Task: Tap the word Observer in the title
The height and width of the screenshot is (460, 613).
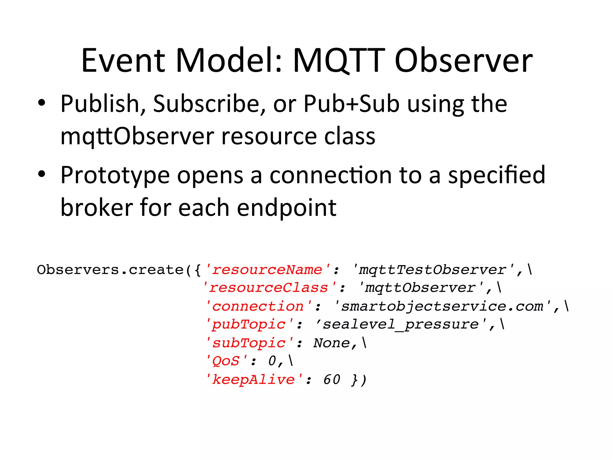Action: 463,60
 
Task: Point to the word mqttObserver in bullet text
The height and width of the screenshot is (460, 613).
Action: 137,137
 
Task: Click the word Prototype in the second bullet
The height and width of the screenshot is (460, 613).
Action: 115,175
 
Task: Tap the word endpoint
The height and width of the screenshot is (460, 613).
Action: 286,208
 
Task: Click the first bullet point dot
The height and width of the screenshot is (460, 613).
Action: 42,103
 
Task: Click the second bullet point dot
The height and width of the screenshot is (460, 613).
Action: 42,174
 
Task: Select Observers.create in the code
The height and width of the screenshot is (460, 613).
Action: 110,270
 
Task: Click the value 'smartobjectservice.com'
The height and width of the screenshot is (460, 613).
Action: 442,306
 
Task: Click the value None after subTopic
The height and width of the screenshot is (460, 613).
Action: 331,343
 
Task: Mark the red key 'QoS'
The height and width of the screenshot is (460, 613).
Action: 227,361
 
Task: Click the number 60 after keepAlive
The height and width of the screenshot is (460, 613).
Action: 332,380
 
